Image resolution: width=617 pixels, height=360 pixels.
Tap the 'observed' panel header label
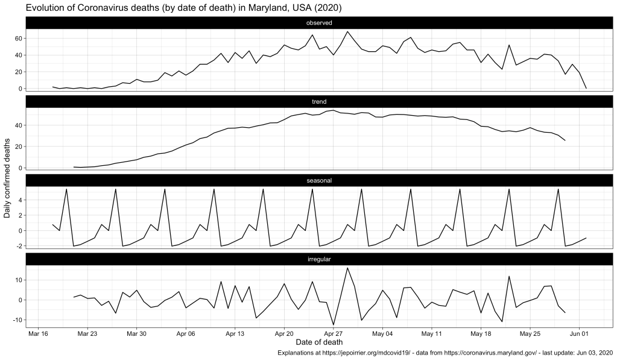pos(320,23)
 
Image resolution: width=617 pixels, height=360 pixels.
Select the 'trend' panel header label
pos(320,102)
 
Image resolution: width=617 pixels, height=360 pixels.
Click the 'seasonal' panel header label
pos(320,180)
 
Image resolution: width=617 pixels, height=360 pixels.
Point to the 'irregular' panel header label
pos(320,259)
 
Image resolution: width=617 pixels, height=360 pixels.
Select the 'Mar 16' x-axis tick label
pos(39,333)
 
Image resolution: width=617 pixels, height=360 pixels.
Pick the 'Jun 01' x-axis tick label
pos(580,333)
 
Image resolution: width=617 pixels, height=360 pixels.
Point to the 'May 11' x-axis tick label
pos(432,333)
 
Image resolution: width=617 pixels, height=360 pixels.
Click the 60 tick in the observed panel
pos(18,38)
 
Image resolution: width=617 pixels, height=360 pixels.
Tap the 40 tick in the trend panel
pos(18,125)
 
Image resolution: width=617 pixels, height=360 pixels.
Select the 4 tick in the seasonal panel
pos(21,200)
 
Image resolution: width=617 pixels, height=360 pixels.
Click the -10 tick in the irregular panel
pos(16,320)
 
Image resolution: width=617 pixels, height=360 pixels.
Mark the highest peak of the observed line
pos(347,31)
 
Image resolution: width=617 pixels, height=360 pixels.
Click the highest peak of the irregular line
pos(347,268)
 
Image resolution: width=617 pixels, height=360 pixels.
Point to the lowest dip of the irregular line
pos(334,325)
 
